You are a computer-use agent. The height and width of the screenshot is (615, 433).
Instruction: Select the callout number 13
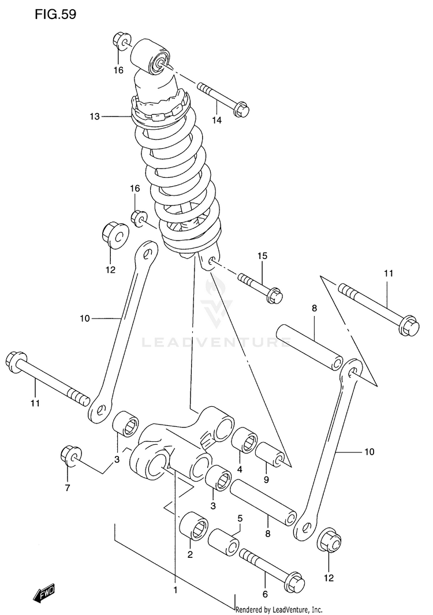pos(95,116)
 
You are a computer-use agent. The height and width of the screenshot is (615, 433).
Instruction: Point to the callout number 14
pos(216,121)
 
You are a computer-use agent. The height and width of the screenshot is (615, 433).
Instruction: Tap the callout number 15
pos(262,256)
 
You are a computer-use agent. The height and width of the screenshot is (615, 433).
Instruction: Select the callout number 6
pos(265,594)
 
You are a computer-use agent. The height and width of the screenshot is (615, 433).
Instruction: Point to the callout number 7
pos(68,488)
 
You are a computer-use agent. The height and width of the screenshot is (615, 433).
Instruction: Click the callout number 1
pos(175,590)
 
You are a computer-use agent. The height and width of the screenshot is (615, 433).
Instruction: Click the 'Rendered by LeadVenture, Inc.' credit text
pos(279,610)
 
